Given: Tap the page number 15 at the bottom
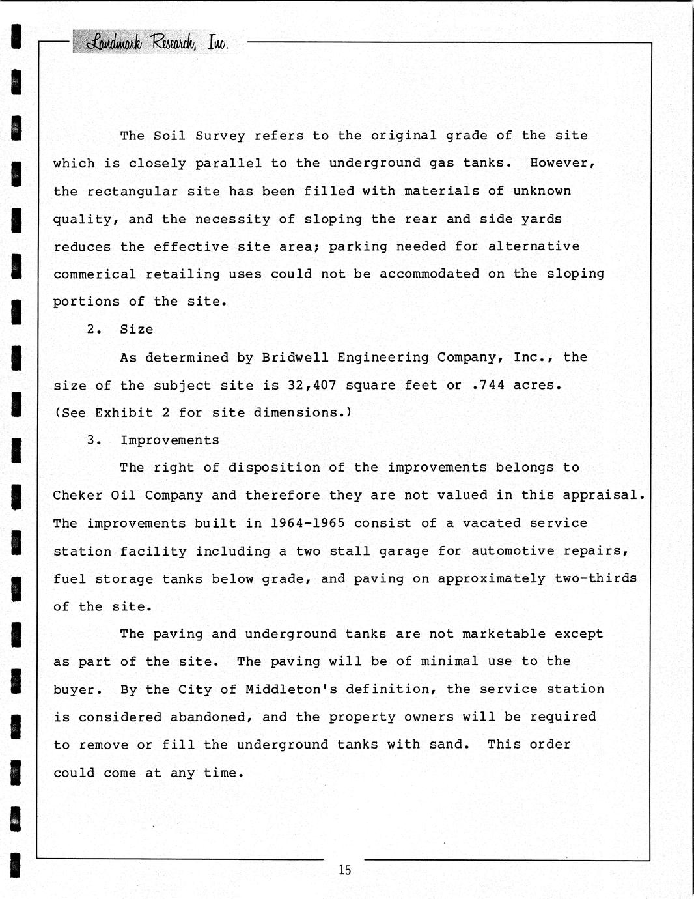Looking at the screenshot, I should click(344, 870).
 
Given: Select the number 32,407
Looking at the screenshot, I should click(312, 385).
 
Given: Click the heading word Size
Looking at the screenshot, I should click(137, 330).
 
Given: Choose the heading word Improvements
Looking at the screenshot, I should click(170, 440).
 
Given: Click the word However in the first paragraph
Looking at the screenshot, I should click(562, 163).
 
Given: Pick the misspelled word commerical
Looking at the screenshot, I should click(95, 274).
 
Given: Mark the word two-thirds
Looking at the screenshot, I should click(596, 578).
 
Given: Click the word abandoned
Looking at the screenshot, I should click(212, 717).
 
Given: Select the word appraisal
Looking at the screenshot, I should click(604, 495).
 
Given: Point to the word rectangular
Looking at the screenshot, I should click(133, 191).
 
